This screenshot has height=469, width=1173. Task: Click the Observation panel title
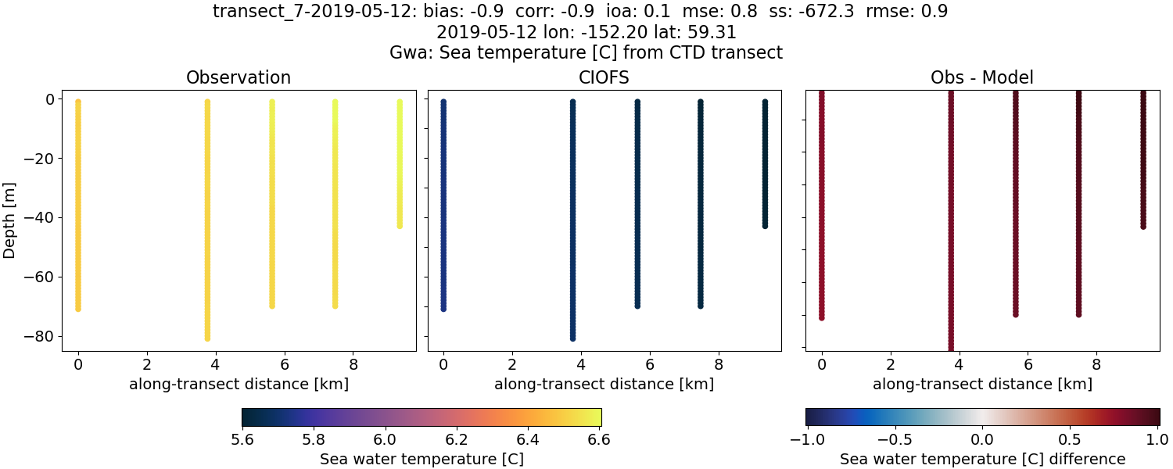pos(239,77)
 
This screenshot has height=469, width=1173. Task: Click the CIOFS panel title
pos(604,77)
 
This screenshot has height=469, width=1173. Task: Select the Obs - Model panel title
pos(981,77)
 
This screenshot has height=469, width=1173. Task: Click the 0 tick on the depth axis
pos(48,99)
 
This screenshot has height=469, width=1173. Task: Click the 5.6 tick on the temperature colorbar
pos(242,439)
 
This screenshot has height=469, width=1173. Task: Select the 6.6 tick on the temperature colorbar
pos(601,439)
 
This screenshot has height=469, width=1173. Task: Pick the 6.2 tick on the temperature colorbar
pos(457,439)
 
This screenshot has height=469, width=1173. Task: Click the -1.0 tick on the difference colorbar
pos(805,439)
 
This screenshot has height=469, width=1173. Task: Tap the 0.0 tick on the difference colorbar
pos(982,439)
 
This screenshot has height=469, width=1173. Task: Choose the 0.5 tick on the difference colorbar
pos(1071,439)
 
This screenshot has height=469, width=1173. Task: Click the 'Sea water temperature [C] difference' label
pos(982,459)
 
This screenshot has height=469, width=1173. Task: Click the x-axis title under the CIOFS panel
pos(604,385)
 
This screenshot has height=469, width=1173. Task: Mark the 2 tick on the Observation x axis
pos(147,364)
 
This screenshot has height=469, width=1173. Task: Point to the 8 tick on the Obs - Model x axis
pos(1096,364)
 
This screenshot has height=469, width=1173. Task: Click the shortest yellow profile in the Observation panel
pos(400,164)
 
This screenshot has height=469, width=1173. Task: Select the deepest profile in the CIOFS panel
pos(572,219)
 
